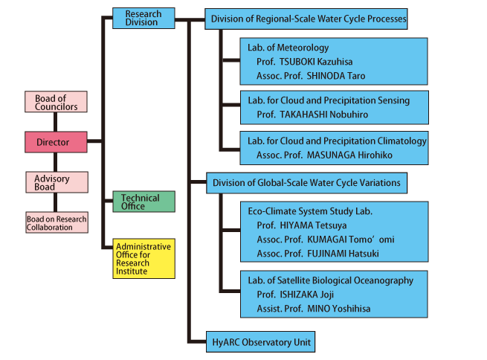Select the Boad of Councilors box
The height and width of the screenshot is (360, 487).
[57, 102]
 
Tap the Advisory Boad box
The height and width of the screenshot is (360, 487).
[57, 182]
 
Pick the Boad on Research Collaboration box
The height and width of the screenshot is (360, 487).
[57, 222]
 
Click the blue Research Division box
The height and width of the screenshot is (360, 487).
[143, 18]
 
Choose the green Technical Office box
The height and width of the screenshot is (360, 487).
[143, 202]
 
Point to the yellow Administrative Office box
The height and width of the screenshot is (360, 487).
[143, 259]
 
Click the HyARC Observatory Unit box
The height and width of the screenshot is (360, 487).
[260, 342]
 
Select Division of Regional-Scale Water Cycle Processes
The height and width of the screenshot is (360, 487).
[309, 19]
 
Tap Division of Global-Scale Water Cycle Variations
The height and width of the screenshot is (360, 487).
[306, 182]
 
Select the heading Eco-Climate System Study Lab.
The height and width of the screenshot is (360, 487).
[310, 211]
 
